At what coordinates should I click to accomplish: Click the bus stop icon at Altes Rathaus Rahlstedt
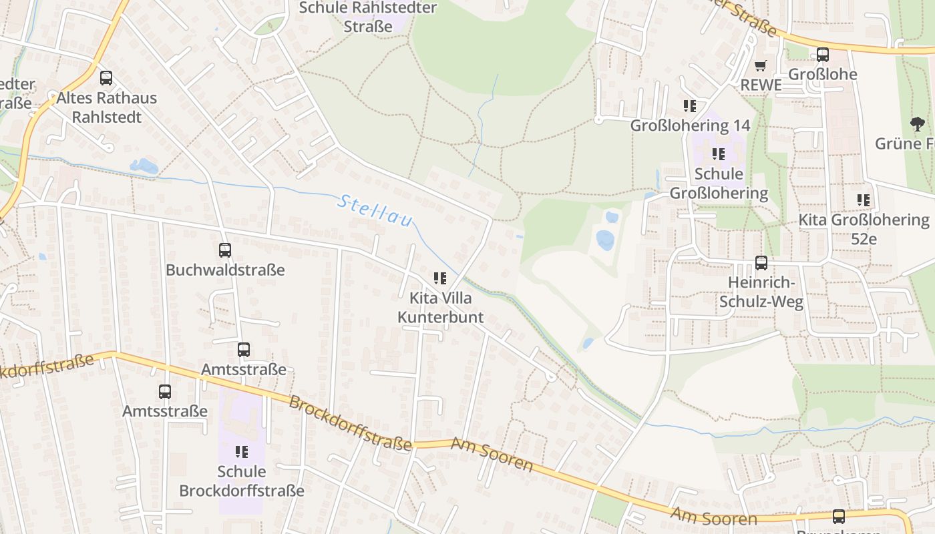[106, 78]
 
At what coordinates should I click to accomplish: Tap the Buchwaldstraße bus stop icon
[225, 250]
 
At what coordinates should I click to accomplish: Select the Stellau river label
[375, 211]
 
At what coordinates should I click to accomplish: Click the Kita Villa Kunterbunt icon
[439, 278]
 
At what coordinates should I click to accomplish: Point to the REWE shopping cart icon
[761, 65]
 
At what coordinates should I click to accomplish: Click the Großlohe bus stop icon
[823, 55]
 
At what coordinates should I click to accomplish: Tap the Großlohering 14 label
[690, 125]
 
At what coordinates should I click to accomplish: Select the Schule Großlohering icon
[719, 154]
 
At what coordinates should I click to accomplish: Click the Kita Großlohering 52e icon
[864, 200]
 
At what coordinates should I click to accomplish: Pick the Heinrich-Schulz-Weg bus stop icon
[761, 263]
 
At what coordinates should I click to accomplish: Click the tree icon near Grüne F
[918, 123]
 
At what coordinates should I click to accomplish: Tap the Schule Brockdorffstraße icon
[242, 452]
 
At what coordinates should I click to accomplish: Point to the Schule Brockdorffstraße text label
[242, 481]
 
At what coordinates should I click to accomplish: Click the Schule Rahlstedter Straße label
[367, 17]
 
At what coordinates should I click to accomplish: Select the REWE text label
[761, 85]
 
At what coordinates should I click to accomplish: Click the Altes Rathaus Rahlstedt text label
[106, 107]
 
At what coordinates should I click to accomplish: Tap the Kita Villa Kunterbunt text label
[440, 307]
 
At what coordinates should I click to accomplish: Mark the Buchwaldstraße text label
[225, 270]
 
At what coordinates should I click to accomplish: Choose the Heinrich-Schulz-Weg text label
[761, 292]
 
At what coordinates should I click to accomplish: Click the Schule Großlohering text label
[719, 184]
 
